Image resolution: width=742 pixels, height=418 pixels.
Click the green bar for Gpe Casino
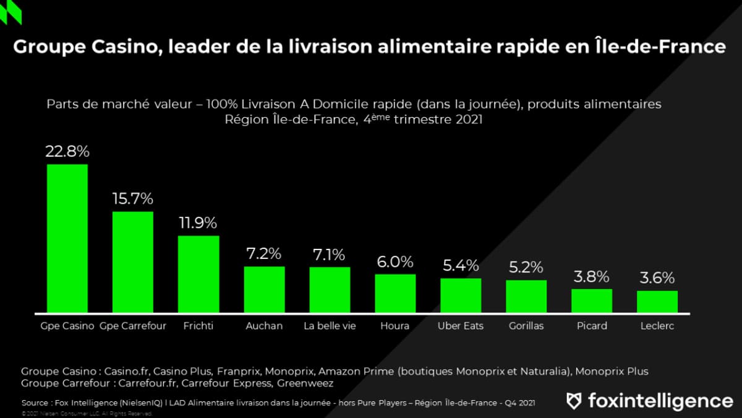tap(67, 238)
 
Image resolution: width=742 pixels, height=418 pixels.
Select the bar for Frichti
tap(198, 274)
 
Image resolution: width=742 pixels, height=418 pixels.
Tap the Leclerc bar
tap(657, 302)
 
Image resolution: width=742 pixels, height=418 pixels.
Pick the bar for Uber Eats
tap(461, 295)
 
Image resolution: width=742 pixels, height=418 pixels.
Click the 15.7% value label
tap(132, 199)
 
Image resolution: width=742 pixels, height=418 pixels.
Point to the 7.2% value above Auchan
tap(264, 254)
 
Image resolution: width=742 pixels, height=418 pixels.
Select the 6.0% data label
tap(395, 262)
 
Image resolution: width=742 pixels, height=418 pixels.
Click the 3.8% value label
tap(592, 277)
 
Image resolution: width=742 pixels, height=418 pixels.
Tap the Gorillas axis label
tap(526, 326)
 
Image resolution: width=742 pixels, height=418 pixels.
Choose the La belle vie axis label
tap(330, 326)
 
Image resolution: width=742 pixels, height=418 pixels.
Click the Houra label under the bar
tap(395, 326)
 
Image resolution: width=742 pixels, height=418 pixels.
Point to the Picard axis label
tap(592, 326)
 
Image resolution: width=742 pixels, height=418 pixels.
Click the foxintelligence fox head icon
tap(574, 401)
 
